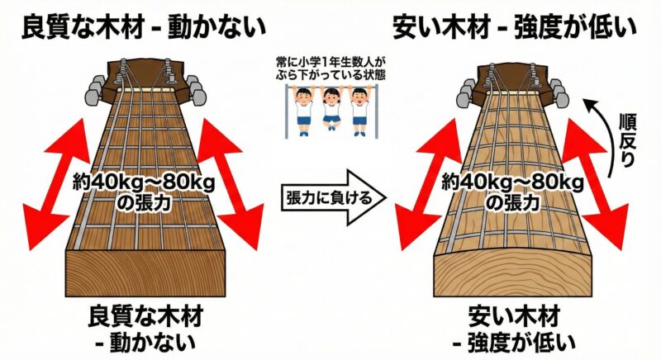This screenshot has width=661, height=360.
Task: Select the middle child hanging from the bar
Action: [332, 107]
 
